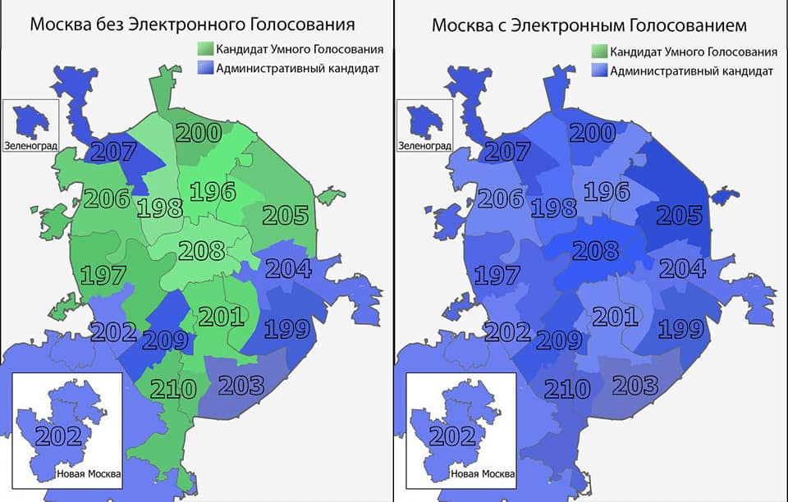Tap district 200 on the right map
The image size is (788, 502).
click(593, 132)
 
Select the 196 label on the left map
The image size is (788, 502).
click(212, 192)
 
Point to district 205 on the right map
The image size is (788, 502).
click(680, 215)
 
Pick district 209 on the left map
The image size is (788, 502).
click(166, 340)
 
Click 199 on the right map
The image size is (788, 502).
click(681, 329)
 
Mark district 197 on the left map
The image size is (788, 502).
click(103, 276)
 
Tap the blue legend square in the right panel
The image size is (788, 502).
click(599, 71)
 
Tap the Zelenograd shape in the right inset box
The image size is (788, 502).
click(424, 121)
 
